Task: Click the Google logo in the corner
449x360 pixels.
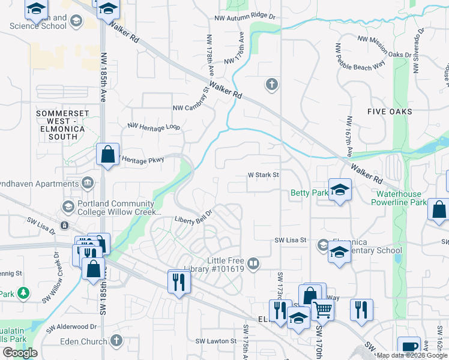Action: [x=20, y=353]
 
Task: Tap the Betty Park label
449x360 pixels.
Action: [x=309, y=193]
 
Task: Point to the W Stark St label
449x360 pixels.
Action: [x=264, y=175]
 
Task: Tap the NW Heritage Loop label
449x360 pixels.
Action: [x=154, y=127]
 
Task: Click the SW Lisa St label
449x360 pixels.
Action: [x=291, y=240]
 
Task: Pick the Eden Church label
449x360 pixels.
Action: [x=84, y=342]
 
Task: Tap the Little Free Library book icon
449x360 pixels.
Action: [x=254, y=263]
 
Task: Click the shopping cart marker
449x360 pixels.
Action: [x=323, y=310]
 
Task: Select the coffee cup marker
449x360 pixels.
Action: [x=410, y=347]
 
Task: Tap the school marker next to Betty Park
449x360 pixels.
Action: [x=340, y=190]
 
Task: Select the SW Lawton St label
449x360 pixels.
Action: [x=215, y=341]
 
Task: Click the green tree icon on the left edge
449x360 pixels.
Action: [x=23, y=293]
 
